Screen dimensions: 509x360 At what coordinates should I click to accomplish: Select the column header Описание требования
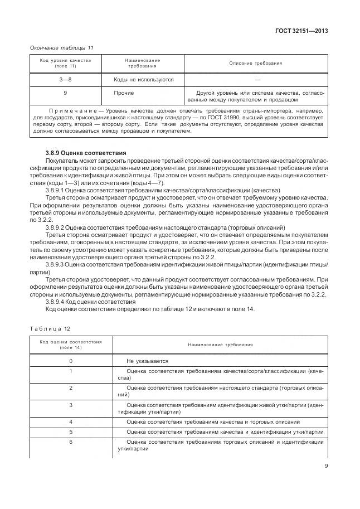tap(255, 63)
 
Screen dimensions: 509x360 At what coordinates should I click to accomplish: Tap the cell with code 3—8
tap(66, 80)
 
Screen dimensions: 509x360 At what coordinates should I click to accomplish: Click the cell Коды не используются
tap(144, 80)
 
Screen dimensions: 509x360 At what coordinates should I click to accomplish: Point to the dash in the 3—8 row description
tap(255, 80)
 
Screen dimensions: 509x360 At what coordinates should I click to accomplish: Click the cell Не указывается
tap(148, 361)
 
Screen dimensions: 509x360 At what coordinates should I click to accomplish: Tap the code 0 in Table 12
tap(71, 361)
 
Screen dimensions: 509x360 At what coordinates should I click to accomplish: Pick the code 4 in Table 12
tap(71, 421)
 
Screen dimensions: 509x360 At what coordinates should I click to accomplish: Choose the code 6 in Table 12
tap(71, 442)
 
